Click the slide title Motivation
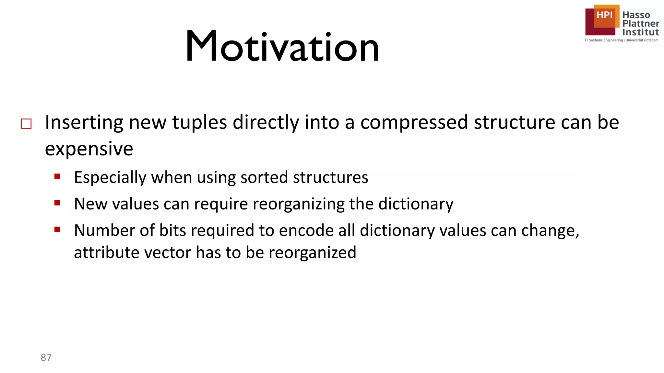click(x=282, y=46)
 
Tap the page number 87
click(x=46, y=357)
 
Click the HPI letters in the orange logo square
click(x=604, y=15)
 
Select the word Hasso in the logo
click(x=636, y=15)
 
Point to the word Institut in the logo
click(x=640, y=32)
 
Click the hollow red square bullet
click(x=26, y=124)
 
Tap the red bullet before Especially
click(x=57, y=176)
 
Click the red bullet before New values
click(x=57, y=203)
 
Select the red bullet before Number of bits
click(x=57, y=230)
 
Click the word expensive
click(x=89, y=149)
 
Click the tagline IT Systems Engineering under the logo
click(x=604, y=40)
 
